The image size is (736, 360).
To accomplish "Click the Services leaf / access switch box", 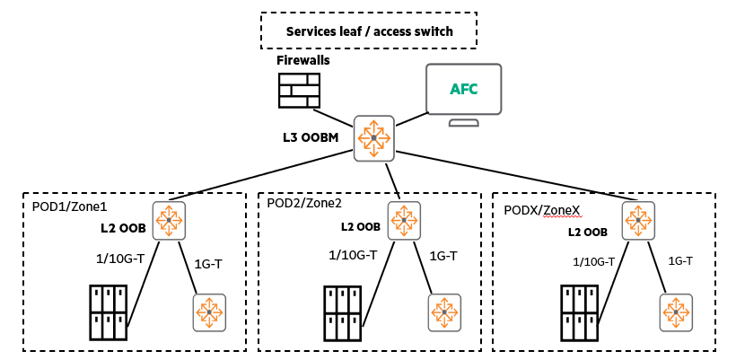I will [x=368, y=31].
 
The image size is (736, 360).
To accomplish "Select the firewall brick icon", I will [x=299, y=91].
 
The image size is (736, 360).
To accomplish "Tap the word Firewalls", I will [x=303, y=60].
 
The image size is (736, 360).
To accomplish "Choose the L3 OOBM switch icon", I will [x=373, y=138].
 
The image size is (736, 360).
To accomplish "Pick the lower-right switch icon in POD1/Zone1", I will [x=209, y=312].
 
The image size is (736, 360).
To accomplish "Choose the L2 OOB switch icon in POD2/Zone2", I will [x=405, y=220].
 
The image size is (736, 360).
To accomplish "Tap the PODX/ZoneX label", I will [x=543, y=210].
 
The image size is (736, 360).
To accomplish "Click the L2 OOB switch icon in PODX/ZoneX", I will [x=638, y=221].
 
